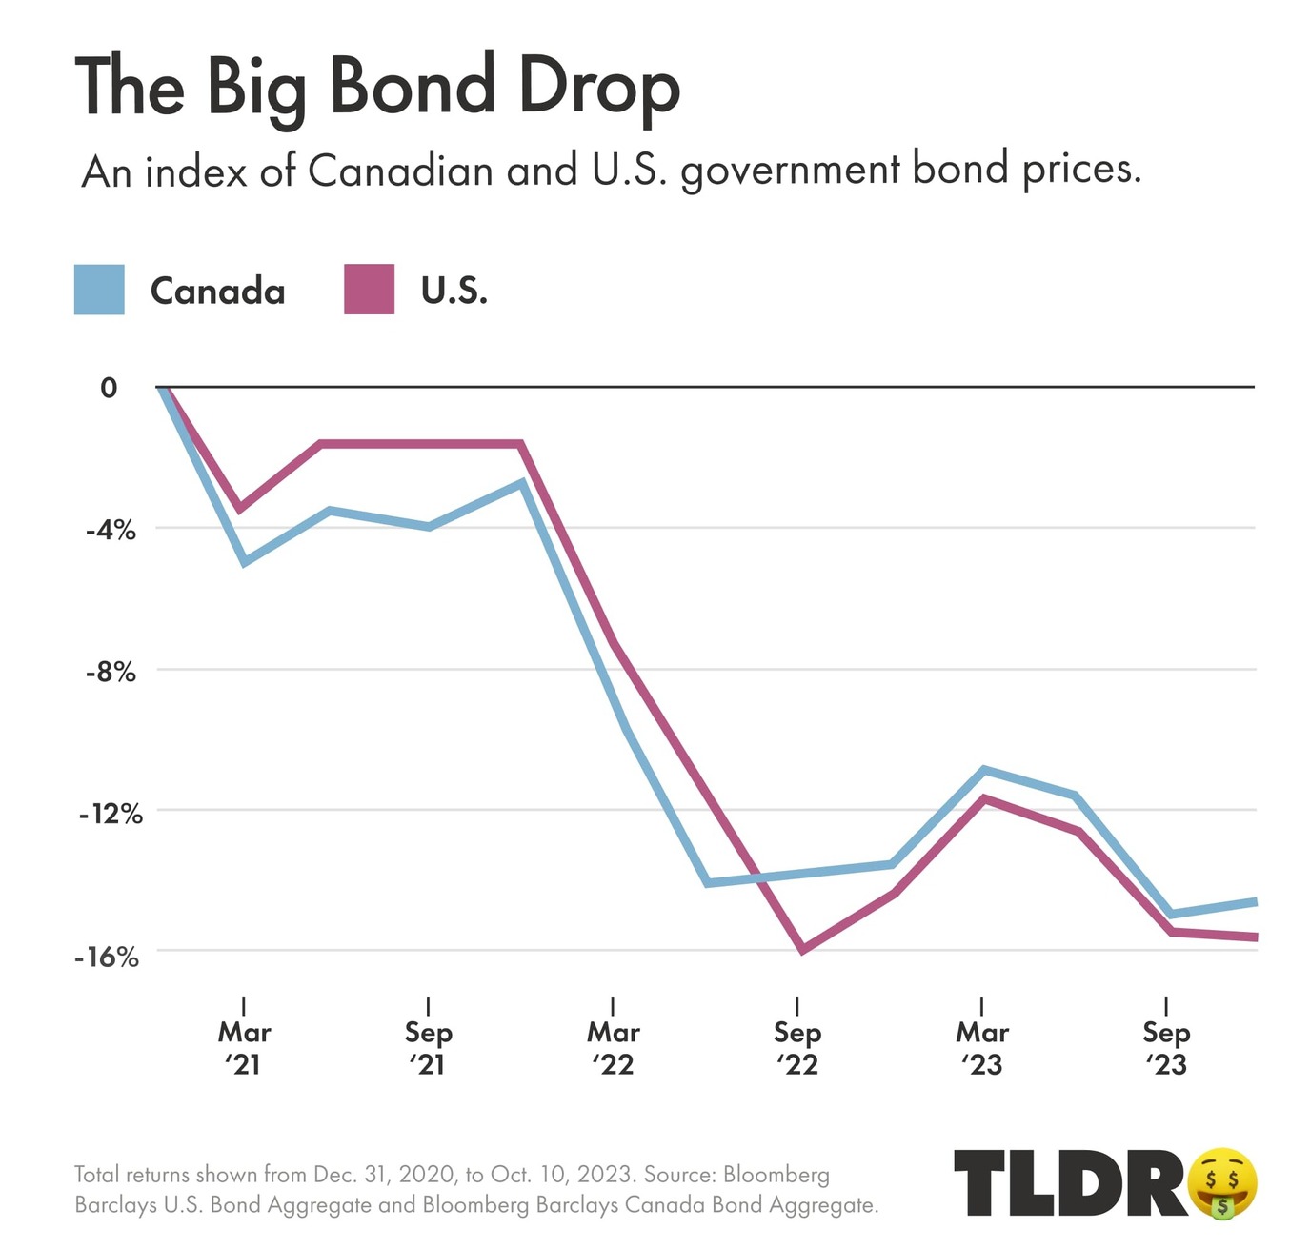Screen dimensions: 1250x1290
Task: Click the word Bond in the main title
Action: pyautogui.click(x=413, y=87)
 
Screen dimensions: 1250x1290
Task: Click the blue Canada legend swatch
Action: pyautogui.click(x=99, y=290)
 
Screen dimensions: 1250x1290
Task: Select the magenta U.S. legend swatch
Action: pyautogui.click(x=369, y=290)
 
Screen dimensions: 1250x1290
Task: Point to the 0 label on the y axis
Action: pyautogui.click(x=109, y=388)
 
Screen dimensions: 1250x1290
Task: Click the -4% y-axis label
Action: pyautogui.click(x=111, y=530)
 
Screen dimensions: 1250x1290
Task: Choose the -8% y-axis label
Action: pyautogui.click(x=111, y=672)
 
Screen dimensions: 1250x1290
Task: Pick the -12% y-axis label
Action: pyautogui.click(x=111, y=814)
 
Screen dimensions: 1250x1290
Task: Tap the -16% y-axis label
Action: pyautogui.click(x=107, y=957)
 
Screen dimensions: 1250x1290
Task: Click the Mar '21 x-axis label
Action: pyautogui.click(x=245, y=1047)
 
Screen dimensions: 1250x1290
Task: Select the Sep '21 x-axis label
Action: pyautogui.click(x=429, y=1047)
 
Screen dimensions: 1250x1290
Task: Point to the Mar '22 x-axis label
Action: pyautogui.click(x=614, y=1047)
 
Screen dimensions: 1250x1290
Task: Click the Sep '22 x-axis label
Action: pyautogui.click(x=797, y=1047)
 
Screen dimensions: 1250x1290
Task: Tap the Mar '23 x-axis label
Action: pyautogui.click(x=982, y=1047)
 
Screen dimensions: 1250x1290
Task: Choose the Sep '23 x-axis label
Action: pyautogui.click(x=1166, y=1047)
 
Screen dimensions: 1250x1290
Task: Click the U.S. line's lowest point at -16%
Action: pyautogui.click(x=802, y=950)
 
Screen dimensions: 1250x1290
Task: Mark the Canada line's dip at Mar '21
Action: pyautogui.click(x=245, y=562)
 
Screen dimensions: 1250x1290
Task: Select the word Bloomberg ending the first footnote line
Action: pyautogui.click(x=776, y=1175)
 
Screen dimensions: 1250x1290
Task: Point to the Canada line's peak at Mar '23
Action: pyautogui.click(x=982, y=769)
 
